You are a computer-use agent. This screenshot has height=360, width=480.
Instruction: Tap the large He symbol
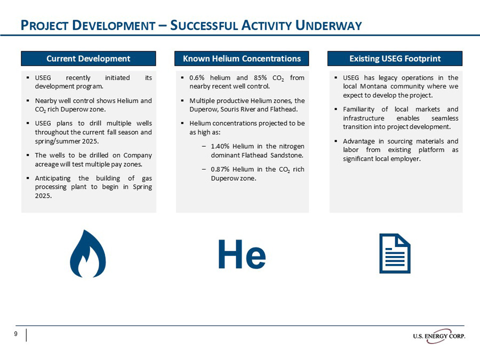click(242, 255)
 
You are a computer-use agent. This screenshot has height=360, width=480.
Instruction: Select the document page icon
click(395, 253)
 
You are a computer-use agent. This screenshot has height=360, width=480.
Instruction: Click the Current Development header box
click(89, 58)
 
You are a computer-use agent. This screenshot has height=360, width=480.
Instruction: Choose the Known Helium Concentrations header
click(242, 58)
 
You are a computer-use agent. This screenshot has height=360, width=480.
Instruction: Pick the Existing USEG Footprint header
click(395, 58)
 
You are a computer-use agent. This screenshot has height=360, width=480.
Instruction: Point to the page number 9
click(16, 334)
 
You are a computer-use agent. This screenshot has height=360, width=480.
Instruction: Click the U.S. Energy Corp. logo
click(438, 336)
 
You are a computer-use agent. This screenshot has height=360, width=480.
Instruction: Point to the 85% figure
click(263, 78)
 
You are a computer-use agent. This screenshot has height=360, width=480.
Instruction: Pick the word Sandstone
click(286, 155)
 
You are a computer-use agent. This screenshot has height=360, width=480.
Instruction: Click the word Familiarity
click(359, 109)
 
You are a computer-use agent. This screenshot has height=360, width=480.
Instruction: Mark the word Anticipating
click(54, 178)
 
